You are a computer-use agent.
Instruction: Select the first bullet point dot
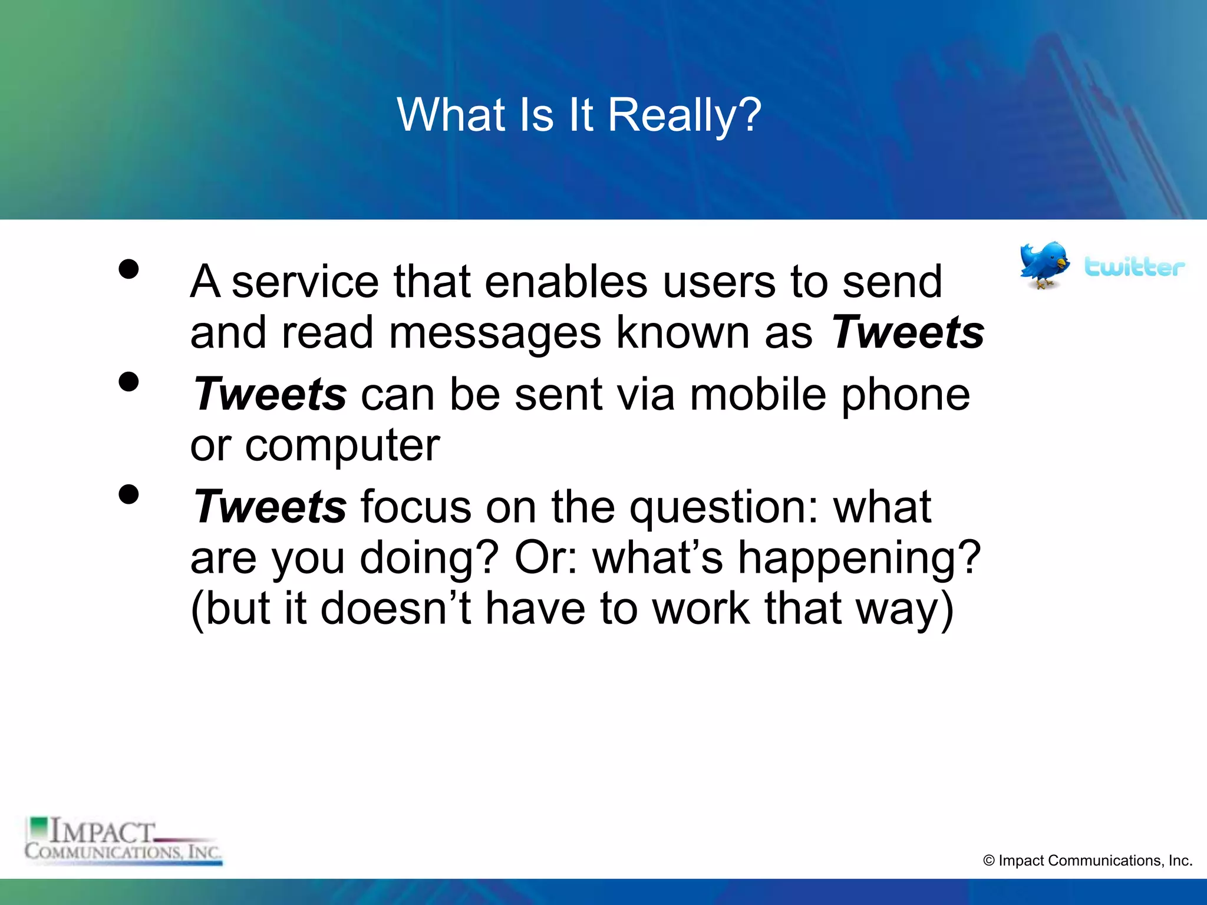pyautogui.click(x=128, y=269)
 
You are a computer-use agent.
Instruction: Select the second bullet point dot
pyautogui.click(x=128, y=382)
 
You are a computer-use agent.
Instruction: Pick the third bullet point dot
pyautogui.click(x=128, y=494)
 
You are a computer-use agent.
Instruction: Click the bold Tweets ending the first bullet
pyautogui.click(x=908, y=332)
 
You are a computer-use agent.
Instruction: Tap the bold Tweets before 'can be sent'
pyautogui.click(x=271, y=394)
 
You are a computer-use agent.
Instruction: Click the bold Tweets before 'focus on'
pyautogui.click(x=271, y=507)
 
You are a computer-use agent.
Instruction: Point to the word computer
pyautogui.click(x=342, y=447)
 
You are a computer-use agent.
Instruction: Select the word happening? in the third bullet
pyautogui.click(x=859, y=559)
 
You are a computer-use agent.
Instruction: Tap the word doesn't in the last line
pyautogui.click(x=395, y=608)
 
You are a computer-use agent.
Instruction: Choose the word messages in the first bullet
pyautogui.click(x=495, y=333)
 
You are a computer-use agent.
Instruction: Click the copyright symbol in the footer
pyautogui.click(x=989, y=861)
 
